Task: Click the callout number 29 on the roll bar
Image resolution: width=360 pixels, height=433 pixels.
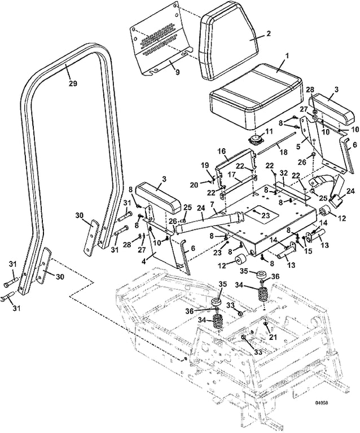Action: coord(73,83)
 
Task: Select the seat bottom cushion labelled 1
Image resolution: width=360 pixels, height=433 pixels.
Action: coord(255,96)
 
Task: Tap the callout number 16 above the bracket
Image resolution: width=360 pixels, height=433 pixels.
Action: coord(222,151)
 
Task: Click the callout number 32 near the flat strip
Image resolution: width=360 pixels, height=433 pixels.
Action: coord(284,174)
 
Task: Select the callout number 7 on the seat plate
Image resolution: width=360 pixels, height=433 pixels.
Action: coord(212,205)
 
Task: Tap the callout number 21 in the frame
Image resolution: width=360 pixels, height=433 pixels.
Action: coord(273,337)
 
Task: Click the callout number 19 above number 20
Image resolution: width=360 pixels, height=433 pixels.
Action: coord(204,166)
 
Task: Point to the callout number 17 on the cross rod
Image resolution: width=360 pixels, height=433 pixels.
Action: coord(231,175)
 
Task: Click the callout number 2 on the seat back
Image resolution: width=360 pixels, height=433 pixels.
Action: coord(269,33)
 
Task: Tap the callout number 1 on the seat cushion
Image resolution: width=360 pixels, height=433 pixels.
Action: coord(287,55)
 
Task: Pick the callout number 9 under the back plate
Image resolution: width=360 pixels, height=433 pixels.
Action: coord(177,72)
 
